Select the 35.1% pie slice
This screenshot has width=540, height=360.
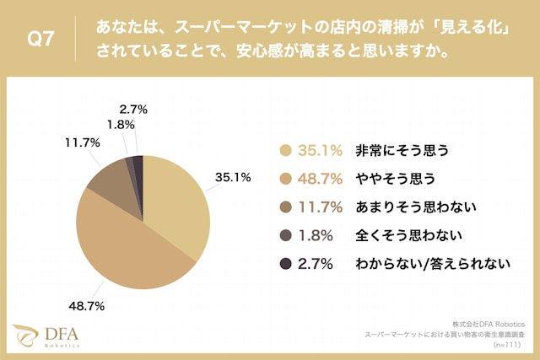177,202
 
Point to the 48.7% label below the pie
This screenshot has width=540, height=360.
86,306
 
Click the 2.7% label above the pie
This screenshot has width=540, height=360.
134,109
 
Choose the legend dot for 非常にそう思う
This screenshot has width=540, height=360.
285,151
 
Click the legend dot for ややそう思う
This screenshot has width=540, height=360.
285,179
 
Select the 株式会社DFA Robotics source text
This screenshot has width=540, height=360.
489,323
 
